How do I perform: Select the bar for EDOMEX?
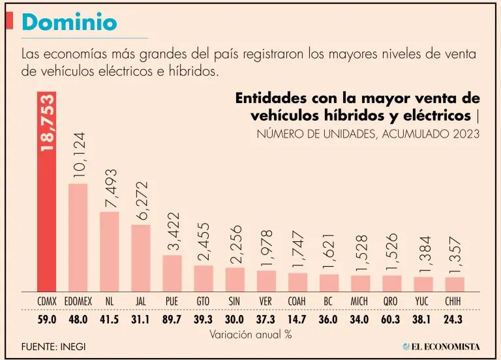[x=78, y=238]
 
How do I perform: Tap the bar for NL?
[x=109, y=252]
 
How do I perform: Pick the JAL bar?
[x=141, y=258]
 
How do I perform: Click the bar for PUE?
[x=172, y=273]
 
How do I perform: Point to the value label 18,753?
[x=47, y=124]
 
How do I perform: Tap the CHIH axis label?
[x=455, y=301]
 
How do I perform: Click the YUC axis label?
[x=423, y=301]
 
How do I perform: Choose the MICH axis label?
[x=361, y=301]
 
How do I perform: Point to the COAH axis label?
[x=297, y=301]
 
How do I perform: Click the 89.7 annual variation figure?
[x=172, y=320]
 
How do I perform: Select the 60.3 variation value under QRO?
[x=392, y=320]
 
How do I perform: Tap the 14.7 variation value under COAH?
[x=297, y=320]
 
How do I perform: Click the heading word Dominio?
[x=69, y=23]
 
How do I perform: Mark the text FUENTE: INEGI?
[x=53, y=346]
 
